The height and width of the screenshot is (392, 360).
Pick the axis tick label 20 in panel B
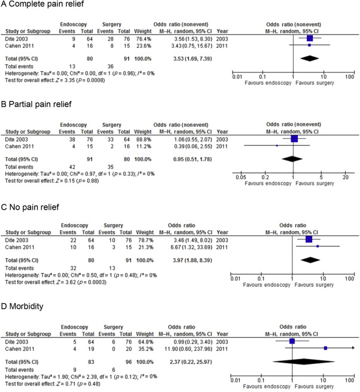click(x=346, y=177)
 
